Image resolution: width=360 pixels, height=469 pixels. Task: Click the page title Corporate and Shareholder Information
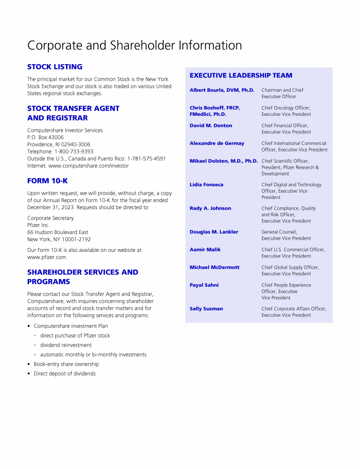click(x=135, y=45)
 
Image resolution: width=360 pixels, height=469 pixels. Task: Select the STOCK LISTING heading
click(x=55, y=67)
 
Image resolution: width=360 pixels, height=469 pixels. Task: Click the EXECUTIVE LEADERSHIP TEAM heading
click(x=240, y=75)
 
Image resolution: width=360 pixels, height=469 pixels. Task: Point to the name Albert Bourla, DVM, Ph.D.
click(x=222, y=90)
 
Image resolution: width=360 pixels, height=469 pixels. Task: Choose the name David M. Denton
click(x=210, y=126)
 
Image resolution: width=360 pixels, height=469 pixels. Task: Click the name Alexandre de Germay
click(x=217, y=144)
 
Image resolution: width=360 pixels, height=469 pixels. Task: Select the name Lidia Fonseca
click(x=206, y=185)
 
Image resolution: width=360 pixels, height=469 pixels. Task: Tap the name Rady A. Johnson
click(x=210, y=208)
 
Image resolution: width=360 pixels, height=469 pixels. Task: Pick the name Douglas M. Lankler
click(x=214, y=232)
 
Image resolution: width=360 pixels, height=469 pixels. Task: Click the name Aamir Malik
click(x=205, y=250)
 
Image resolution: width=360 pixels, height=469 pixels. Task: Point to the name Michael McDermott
click(x=214, y=267)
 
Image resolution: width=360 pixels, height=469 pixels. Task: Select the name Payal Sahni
click(x=204, y=285)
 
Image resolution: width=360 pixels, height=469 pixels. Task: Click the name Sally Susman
click(x=206, y=309)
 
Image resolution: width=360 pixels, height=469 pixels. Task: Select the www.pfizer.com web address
click(x=47, y=257)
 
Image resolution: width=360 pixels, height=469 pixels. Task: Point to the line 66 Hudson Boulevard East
click(x=58, y=232)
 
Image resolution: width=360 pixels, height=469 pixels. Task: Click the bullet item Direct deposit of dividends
click(x=65, y=374)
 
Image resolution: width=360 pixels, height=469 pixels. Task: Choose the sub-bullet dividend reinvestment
click(x=66, y=345)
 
